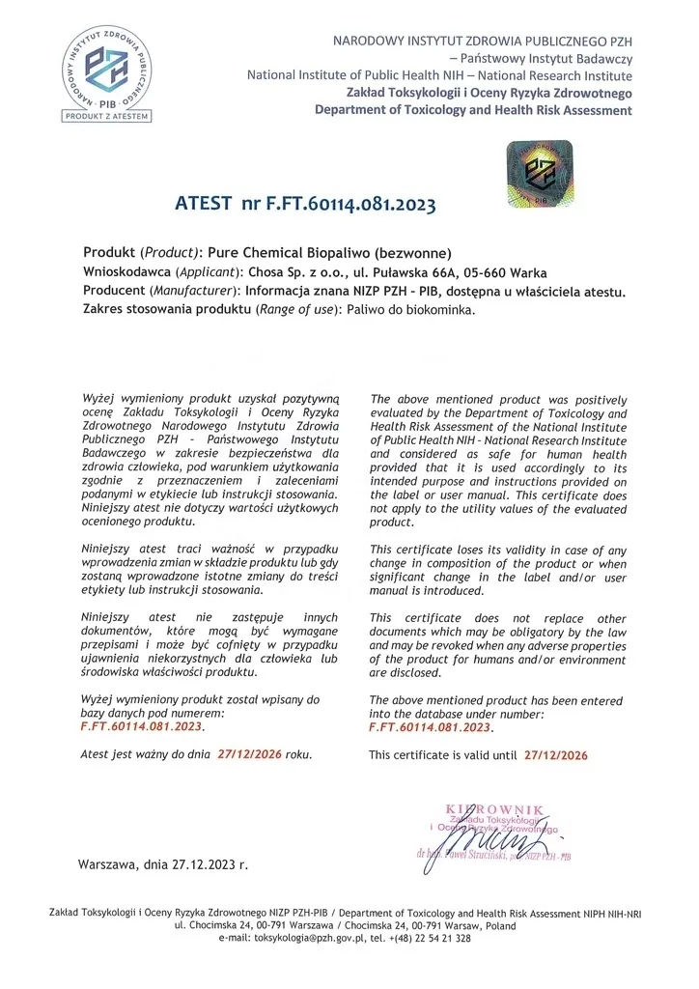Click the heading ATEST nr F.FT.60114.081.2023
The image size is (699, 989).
[x=305, y=204]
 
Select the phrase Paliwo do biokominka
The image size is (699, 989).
[x=418, y=310]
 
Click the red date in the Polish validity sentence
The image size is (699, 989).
[x=249, y=753]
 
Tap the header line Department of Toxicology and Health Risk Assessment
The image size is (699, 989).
[x=473, y=110]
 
